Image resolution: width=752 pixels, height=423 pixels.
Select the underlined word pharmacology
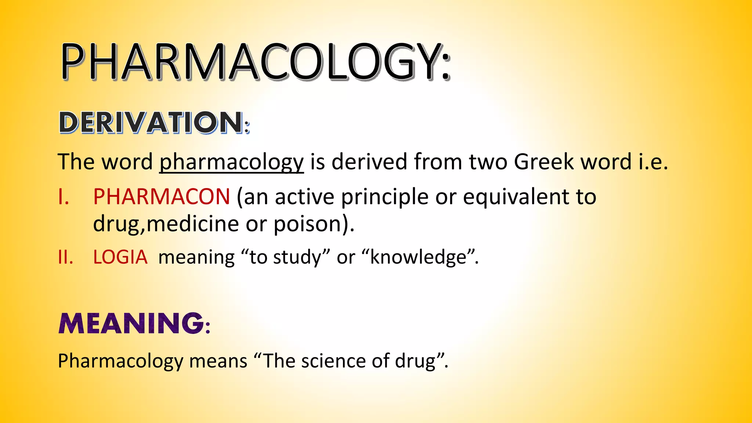(x=231, y=162)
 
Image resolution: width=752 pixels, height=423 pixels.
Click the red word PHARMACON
(x=162, y=197)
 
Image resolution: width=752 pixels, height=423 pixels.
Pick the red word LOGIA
(x=120, y=257)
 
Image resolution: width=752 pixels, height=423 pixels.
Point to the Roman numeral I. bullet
(x=64, y=197)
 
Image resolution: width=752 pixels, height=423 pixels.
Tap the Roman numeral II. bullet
(x=65, y=257)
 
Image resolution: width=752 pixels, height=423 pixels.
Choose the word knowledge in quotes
(x=418, y=257)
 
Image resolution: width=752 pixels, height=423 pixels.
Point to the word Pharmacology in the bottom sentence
(x=120, y=361)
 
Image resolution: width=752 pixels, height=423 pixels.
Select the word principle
(x=384, y=197)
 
